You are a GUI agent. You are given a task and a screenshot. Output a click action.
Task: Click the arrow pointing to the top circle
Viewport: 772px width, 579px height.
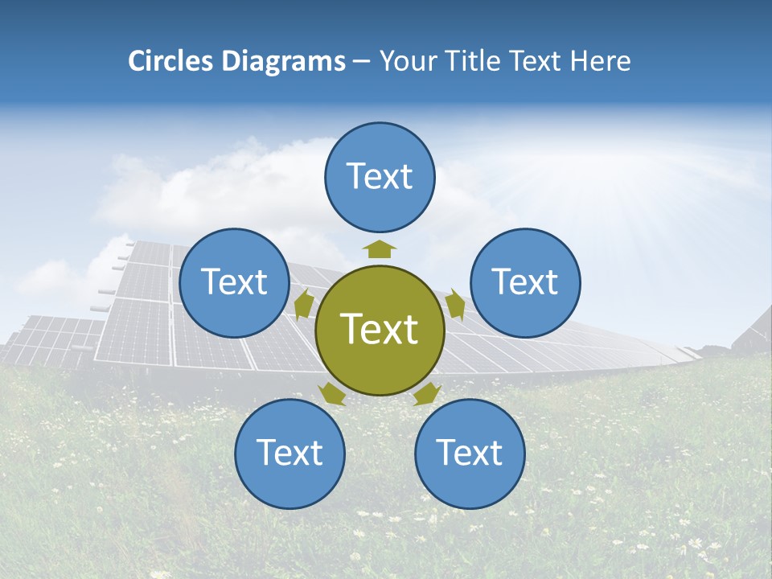pyautogui.click(x=380, y=248)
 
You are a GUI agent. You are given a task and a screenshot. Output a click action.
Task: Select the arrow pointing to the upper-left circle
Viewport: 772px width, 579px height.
pyautogui.click(x=304, y=306)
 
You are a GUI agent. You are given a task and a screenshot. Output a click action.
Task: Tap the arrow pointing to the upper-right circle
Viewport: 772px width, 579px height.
pyautogui.click(x=455, y=305)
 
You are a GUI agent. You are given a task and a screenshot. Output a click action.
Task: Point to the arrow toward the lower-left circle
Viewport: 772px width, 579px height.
pyautogui.click(x=332, y=393)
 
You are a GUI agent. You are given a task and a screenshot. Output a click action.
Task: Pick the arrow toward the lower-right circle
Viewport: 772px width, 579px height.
pyautogui.click(x=427, y=393)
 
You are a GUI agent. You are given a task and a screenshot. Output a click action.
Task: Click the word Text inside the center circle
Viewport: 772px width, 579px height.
pyautogui.click(x=380, y=329)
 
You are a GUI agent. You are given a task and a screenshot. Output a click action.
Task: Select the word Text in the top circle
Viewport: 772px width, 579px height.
pyautogui.click(x=380, y=176)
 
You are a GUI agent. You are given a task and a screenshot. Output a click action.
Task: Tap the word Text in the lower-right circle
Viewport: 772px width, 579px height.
pyautogui.click(x=470, y=454)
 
